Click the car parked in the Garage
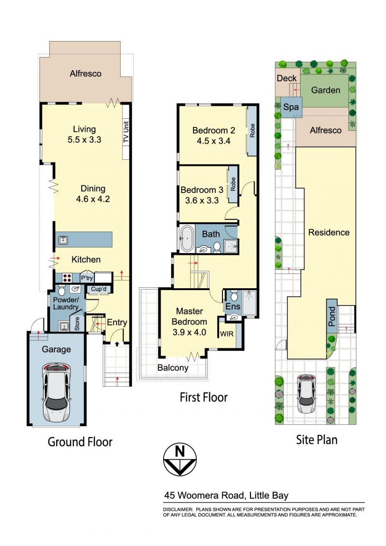click(56, 392)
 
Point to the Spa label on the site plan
click(290, 107)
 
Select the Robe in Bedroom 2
click(251, 131)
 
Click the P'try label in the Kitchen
click(87, 279)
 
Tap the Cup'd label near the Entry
click(98, 290)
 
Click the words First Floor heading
click(203, 397)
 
